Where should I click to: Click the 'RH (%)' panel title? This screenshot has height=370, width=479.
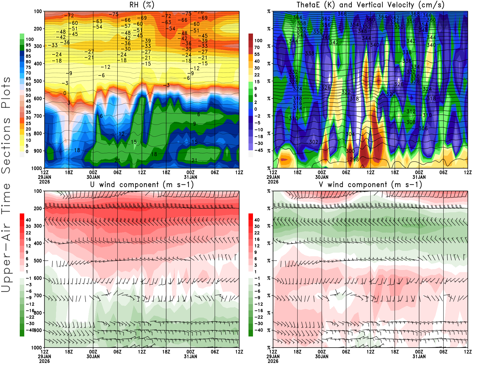(x=142, y=5)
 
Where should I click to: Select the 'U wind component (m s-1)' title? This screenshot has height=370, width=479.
(x=142, y=184)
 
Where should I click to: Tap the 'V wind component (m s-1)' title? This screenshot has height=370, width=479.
(x=370, y=184)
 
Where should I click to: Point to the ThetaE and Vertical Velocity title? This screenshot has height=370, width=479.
(x=370, y=5)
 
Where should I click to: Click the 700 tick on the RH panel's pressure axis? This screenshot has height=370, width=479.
(x=38, y=116)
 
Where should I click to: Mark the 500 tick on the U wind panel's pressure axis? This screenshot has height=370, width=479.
(x=38, y=261)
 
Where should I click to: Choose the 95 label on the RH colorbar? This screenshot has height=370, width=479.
(x=28, y=45)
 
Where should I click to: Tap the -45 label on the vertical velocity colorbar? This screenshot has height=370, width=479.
(x=259, y=150)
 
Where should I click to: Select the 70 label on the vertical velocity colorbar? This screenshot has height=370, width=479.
(x=257, y=47)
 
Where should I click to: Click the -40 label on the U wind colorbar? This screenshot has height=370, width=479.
(x=30, y=330)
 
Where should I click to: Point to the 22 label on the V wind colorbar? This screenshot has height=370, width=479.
(x=257, y=233)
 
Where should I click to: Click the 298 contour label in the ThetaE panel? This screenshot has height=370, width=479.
(x=354, y=159)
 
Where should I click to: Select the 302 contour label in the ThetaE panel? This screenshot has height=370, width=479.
(x=314, y=142)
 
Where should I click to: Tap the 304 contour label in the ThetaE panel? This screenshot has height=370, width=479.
(x=350, y=134)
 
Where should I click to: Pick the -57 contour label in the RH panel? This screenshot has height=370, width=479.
(x=126, y=26)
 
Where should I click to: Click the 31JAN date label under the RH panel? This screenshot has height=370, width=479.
(x=190, y=177)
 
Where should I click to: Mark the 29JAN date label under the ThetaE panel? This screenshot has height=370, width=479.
(x=273, y=177)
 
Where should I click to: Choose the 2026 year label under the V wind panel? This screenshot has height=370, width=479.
(x=273, y=361)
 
